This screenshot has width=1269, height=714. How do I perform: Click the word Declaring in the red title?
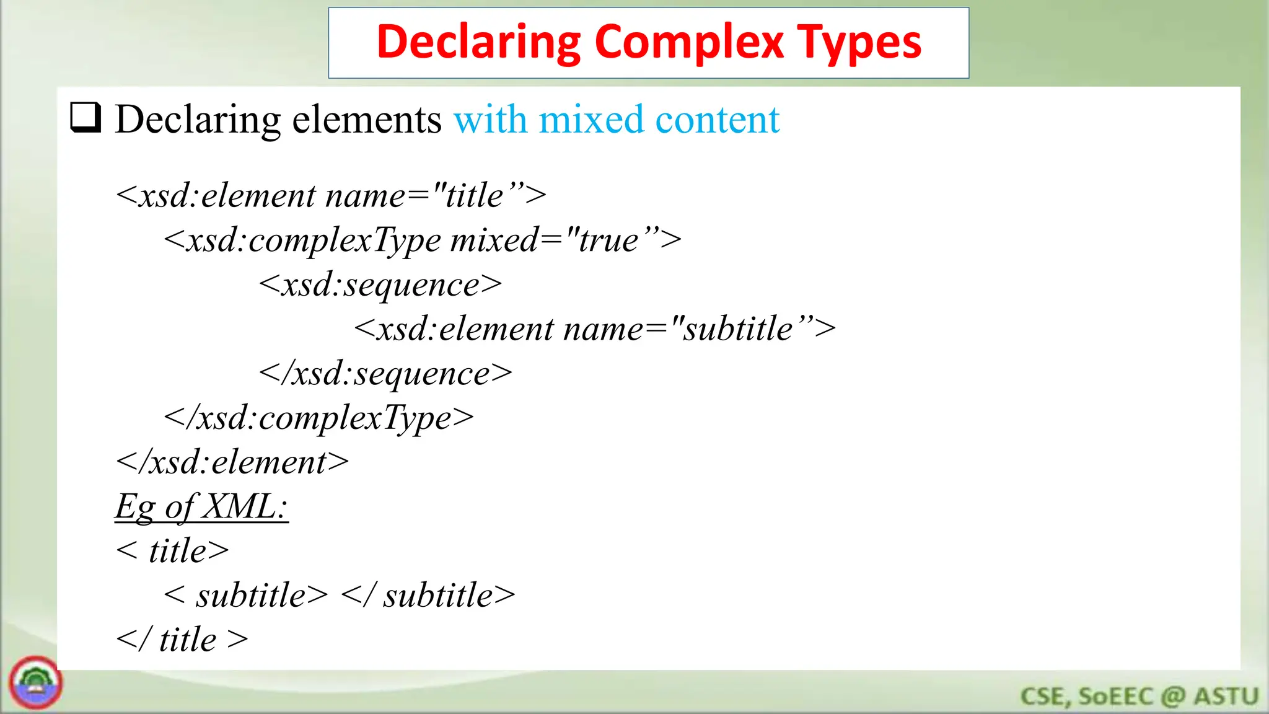coord(478,42)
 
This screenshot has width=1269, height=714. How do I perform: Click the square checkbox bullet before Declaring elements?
coord(86,118)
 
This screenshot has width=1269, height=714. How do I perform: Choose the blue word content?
coord(717,119)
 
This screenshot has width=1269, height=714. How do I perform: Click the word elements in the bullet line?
coord(367,119)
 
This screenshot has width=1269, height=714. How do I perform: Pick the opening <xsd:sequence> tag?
coord(380,284)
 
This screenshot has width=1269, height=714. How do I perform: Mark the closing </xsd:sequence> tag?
coord(385,373)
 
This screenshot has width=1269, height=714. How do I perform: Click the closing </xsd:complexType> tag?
coord(318,418)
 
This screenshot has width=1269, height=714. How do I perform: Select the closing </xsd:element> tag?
coord(232,462)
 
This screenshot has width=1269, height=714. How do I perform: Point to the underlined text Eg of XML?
coord(201,506)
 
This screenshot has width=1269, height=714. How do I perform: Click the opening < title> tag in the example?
coord(172,550)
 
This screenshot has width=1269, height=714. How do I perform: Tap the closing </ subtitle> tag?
coord(428,595)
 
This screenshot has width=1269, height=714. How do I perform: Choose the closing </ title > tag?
coord(182,640)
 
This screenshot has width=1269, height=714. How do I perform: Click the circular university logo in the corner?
coord(35,682)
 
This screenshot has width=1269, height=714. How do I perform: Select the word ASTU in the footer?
coord(1226,696)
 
